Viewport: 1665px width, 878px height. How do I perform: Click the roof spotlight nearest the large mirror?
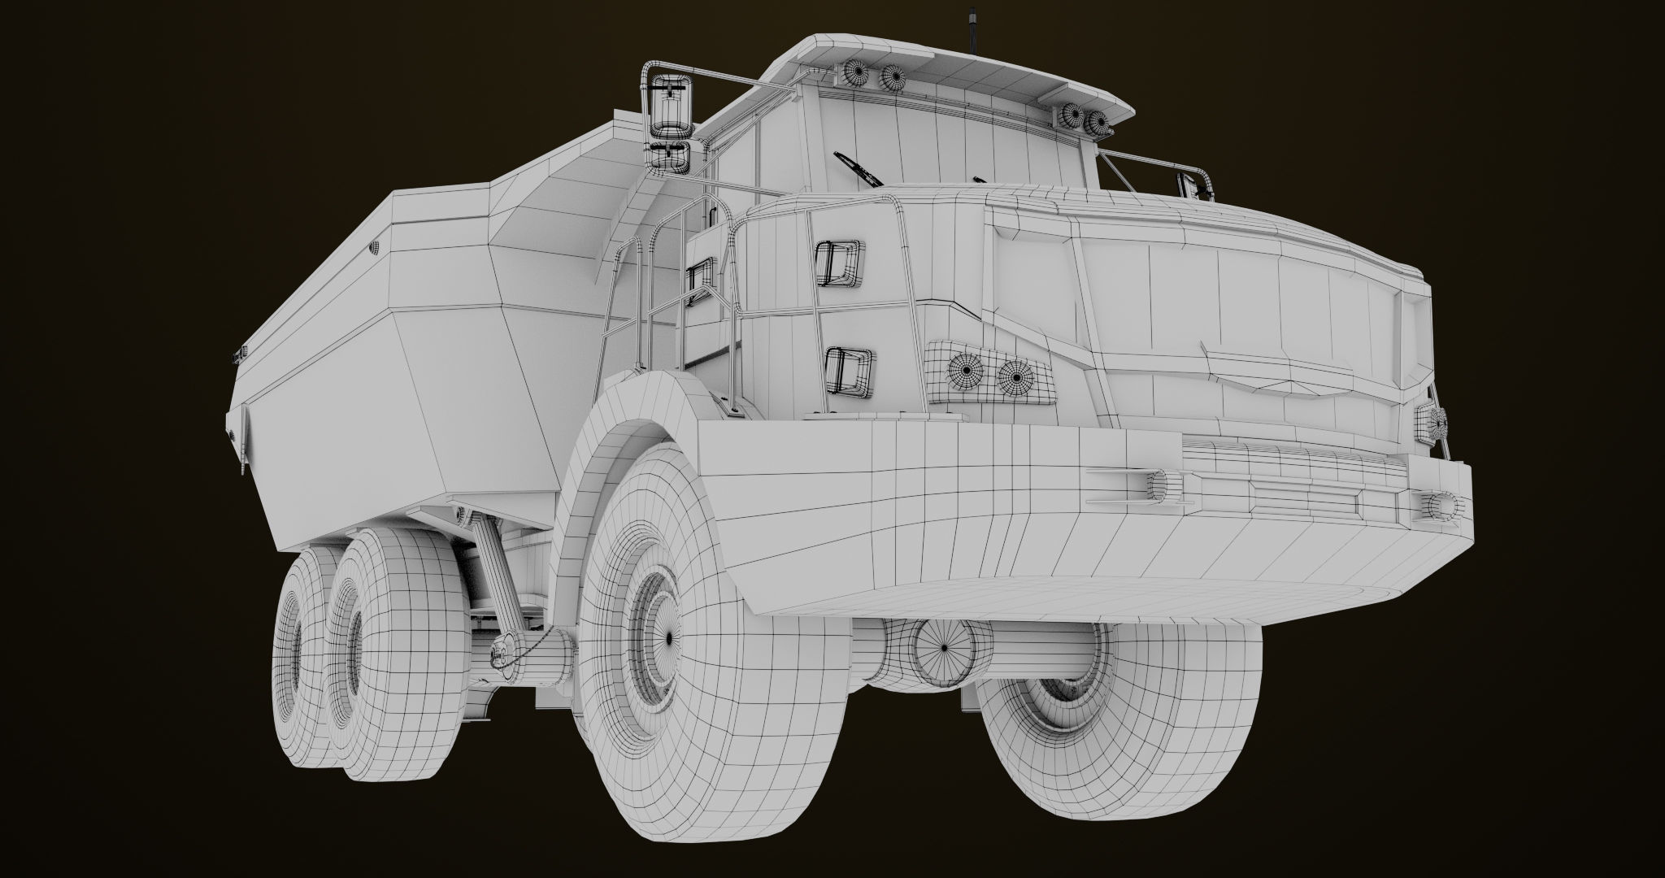click(x=855, y=76)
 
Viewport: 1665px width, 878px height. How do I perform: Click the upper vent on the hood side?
click(x=839, y=263)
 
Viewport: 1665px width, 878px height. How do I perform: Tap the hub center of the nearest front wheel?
click(x=667, y=638)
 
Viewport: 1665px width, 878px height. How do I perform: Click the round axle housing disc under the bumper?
click(x=943, y=648)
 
